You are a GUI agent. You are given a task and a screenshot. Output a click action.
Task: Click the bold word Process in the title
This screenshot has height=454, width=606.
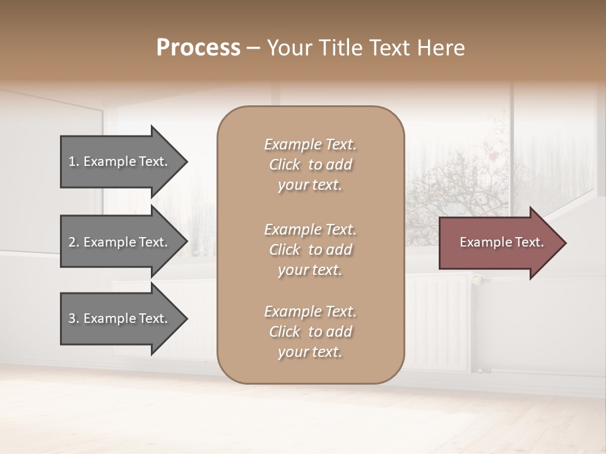coord(198,48)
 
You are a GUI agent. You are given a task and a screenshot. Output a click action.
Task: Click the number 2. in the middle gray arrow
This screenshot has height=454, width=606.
coord(74,242)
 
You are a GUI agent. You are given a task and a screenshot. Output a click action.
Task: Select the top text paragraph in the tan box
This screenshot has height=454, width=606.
coord(310,165)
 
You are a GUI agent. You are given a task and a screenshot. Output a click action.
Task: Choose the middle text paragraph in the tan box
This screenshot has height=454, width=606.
coord(310,250)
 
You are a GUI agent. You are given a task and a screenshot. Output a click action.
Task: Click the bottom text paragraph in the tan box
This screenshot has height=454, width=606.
coord(310,332)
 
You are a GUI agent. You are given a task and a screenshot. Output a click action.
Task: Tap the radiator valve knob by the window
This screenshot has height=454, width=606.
coord(478,278)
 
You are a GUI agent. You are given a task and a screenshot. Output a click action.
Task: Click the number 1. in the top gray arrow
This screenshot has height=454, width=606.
coord(74,161)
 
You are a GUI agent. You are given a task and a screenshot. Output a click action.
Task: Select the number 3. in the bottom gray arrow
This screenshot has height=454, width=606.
coord(74,318)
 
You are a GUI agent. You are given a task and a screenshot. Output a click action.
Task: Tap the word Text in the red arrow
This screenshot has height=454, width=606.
coord(530,242)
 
